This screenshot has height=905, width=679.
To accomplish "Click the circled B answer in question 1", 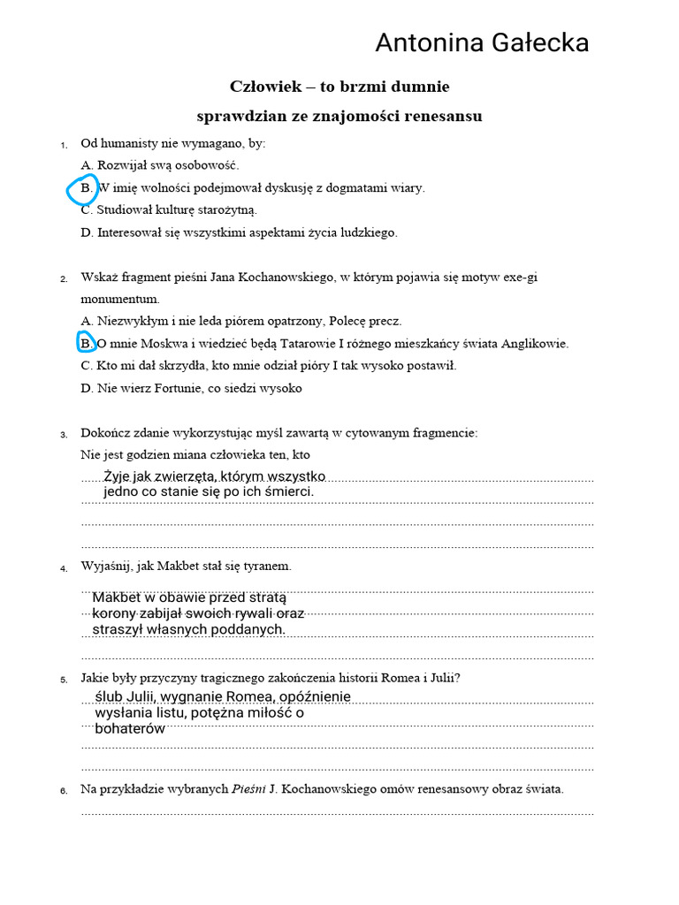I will click(x=86, y=187).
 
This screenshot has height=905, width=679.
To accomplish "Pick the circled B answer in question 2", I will click(x=86, y=343).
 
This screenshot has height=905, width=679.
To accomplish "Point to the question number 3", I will click(x=64, y=434).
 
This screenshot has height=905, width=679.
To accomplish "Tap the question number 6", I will click(x=64, y=790).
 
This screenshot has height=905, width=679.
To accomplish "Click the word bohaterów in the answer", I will click(x=129, y=728).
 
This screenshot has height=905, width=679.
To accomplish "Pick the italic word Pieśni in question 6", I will click(x=248, y=789).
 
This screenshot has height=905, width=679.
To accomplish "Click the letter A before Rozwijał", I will click(x=86, y=164).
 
